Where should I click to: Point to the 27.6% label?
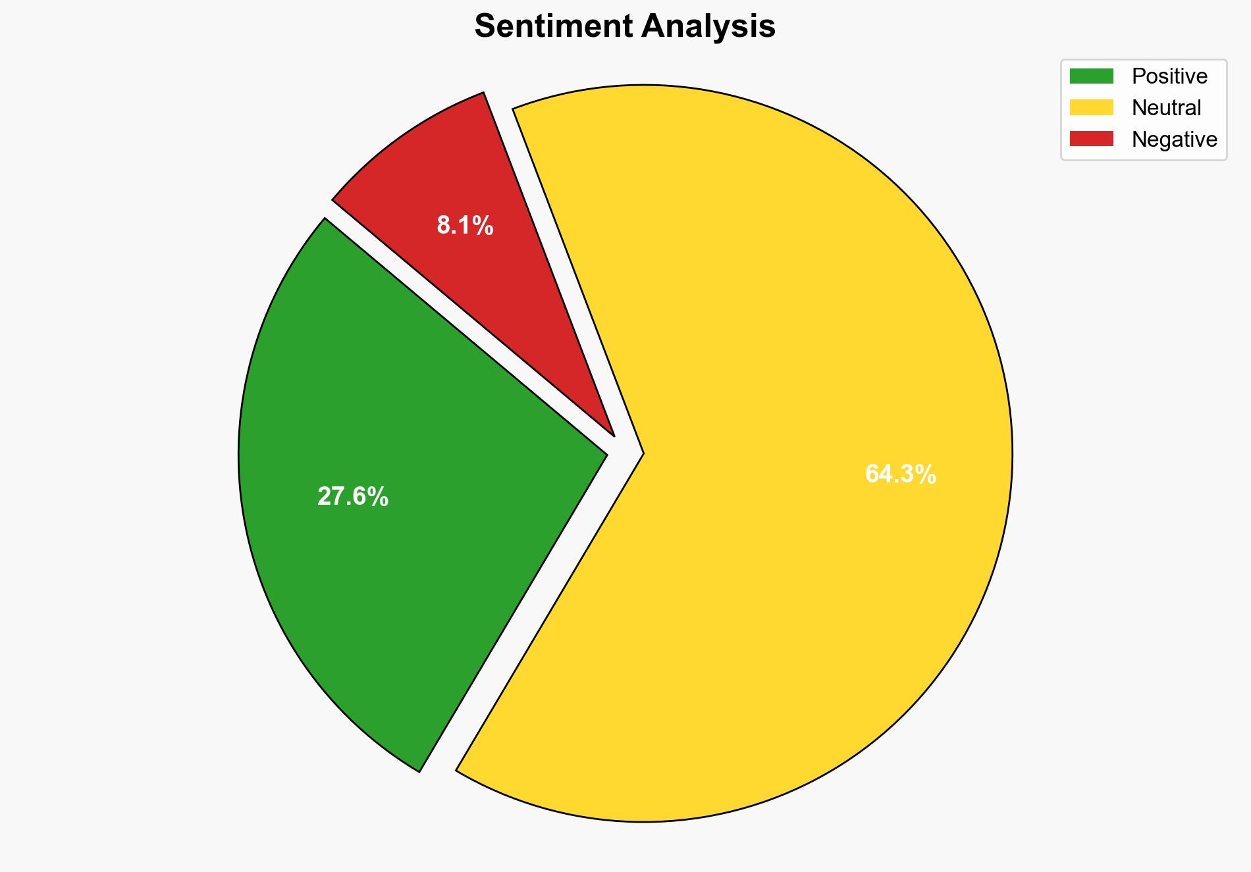pos(353,497)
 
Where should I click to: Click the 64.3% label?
pos(900,474)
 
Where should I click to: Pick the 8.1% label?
pos(465,226)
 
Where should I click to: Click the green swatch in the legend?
pos(1091,76)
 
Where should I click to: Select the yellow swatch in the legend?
pos(1091,107)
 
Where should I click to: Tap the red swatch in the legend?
pos(1091,139)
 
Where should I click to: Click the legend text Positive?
pos(1169,76)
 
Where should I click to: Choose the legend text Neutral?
pos(1166,107)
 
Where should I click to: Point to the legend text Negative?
pos(1174,139)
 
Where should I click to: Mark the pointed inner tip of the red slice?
pos(614,435)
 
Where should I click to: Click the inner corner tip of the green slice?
pos(606,453)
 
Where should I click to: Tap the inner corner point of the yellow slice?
pos(643,453)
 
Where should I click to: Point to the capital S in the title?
pos(484,27)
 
